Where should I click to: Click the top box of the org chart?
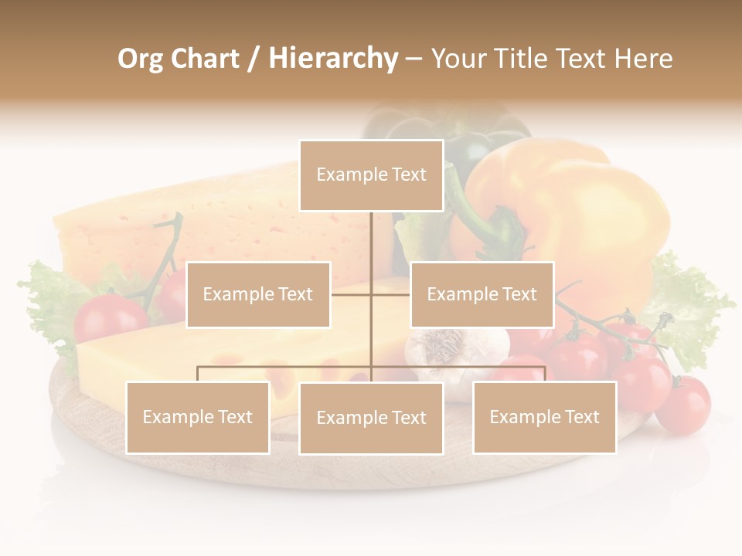pos(371,175)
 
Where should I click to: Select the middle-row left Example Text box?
pos(258,294)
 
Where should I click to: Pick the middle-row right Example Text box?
pos(482,294)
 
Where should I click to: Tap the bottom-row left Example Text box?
pos(198,417)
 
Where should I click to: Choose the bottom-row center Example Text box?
pos(371,418)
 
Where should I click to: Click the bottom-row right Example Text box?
pos(544,417)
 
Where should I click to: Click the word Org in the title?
pos(141,59)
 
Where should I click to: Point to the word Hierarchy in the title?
pos(333,59)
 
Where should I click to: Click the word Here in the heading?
pos(643,59)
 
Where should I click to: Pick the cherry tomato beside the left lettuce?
pos(110,317)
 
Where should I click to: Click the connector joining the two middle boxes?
pos(371,294)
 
